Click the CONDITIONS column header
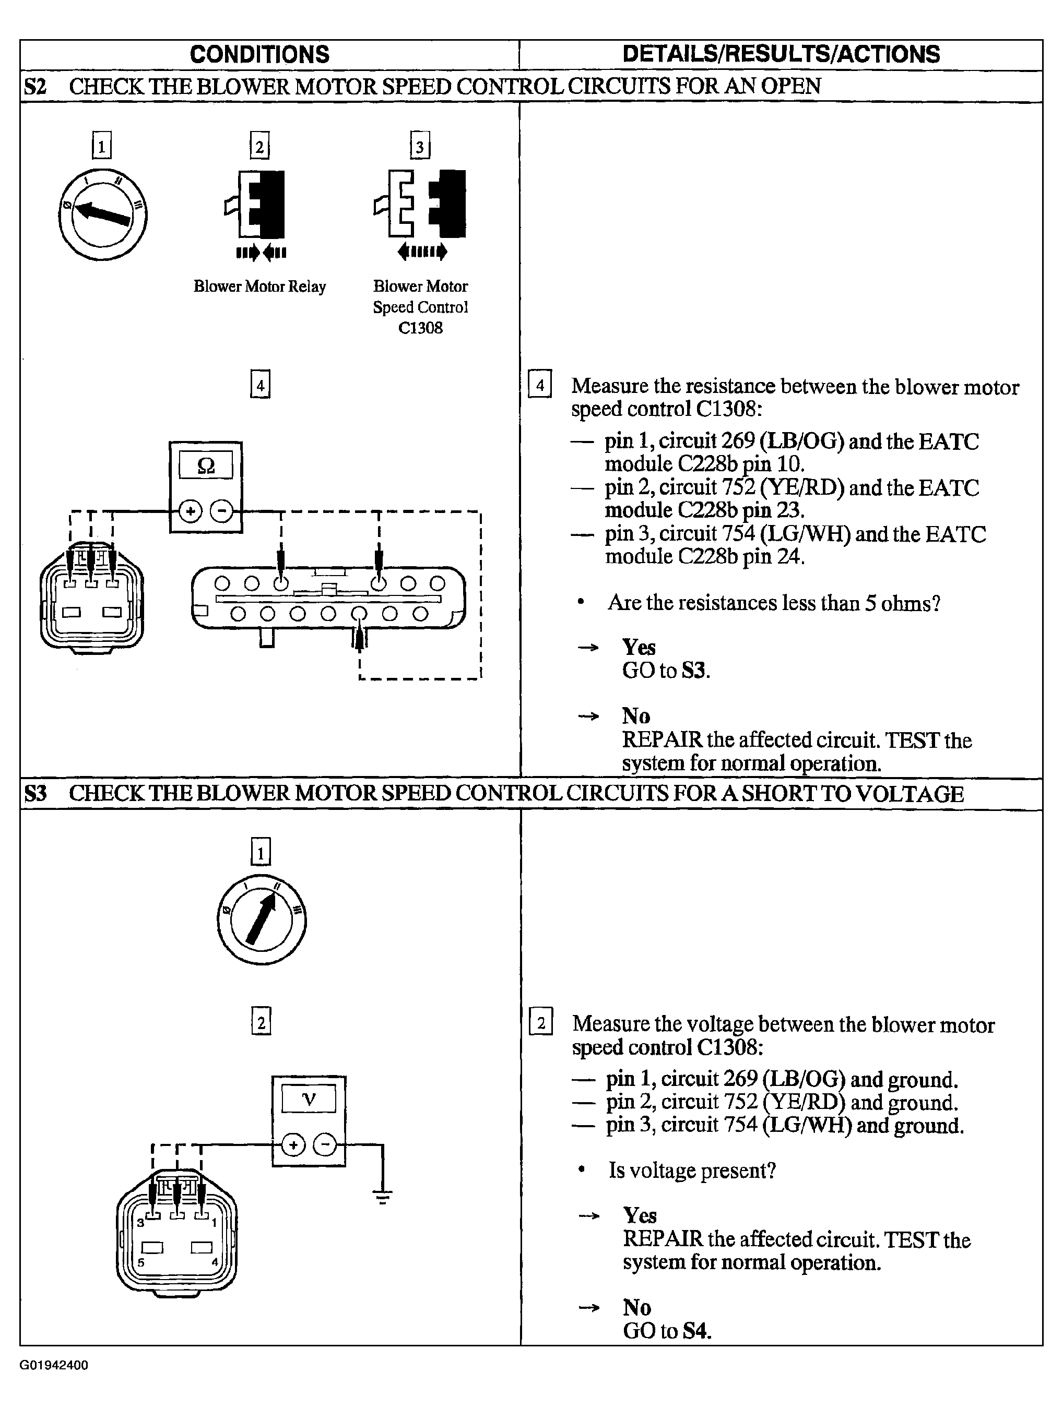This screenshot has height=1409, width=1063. click(x=259, y=55)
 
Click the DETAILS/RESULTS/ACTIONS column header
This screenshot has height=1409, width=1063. click(x=781, y=55)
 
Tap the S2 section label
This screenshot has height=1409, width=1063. click(x=35, y=86)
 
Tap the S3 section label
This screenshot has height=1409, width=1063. click(x=36, y=794)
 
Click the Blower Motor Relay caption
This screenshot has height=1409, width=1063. click(x=259, y=286)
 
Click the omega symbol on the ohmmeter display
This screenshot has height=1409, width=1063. click(x=206, y=465)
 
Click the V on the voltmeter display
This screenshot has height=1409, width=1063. click(x=309, y=1100)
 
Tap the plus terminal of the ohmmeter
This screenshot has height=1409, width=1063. click(x=190, y=511)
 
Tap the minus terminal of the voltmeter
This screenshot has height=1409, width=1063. click(x=325, y=1145)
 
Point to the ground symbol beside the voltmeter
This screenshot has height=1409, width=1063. click(x=382, y=1198)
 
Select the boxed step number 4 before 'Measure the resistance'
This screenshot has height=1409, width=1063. click(x=540, y=385)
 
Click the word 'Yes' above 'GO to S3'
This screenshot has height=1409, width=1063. click(x=639, y=647)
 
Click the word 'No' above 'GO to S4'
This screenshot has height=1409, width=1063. click(x=636, y=1308)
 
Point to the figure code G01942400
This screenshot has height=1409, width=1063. click(x=54, y=1365)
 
